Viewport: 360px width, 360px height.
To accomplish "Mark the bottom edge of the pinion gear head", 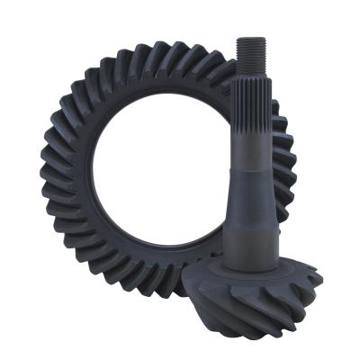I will click(261, 334).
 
